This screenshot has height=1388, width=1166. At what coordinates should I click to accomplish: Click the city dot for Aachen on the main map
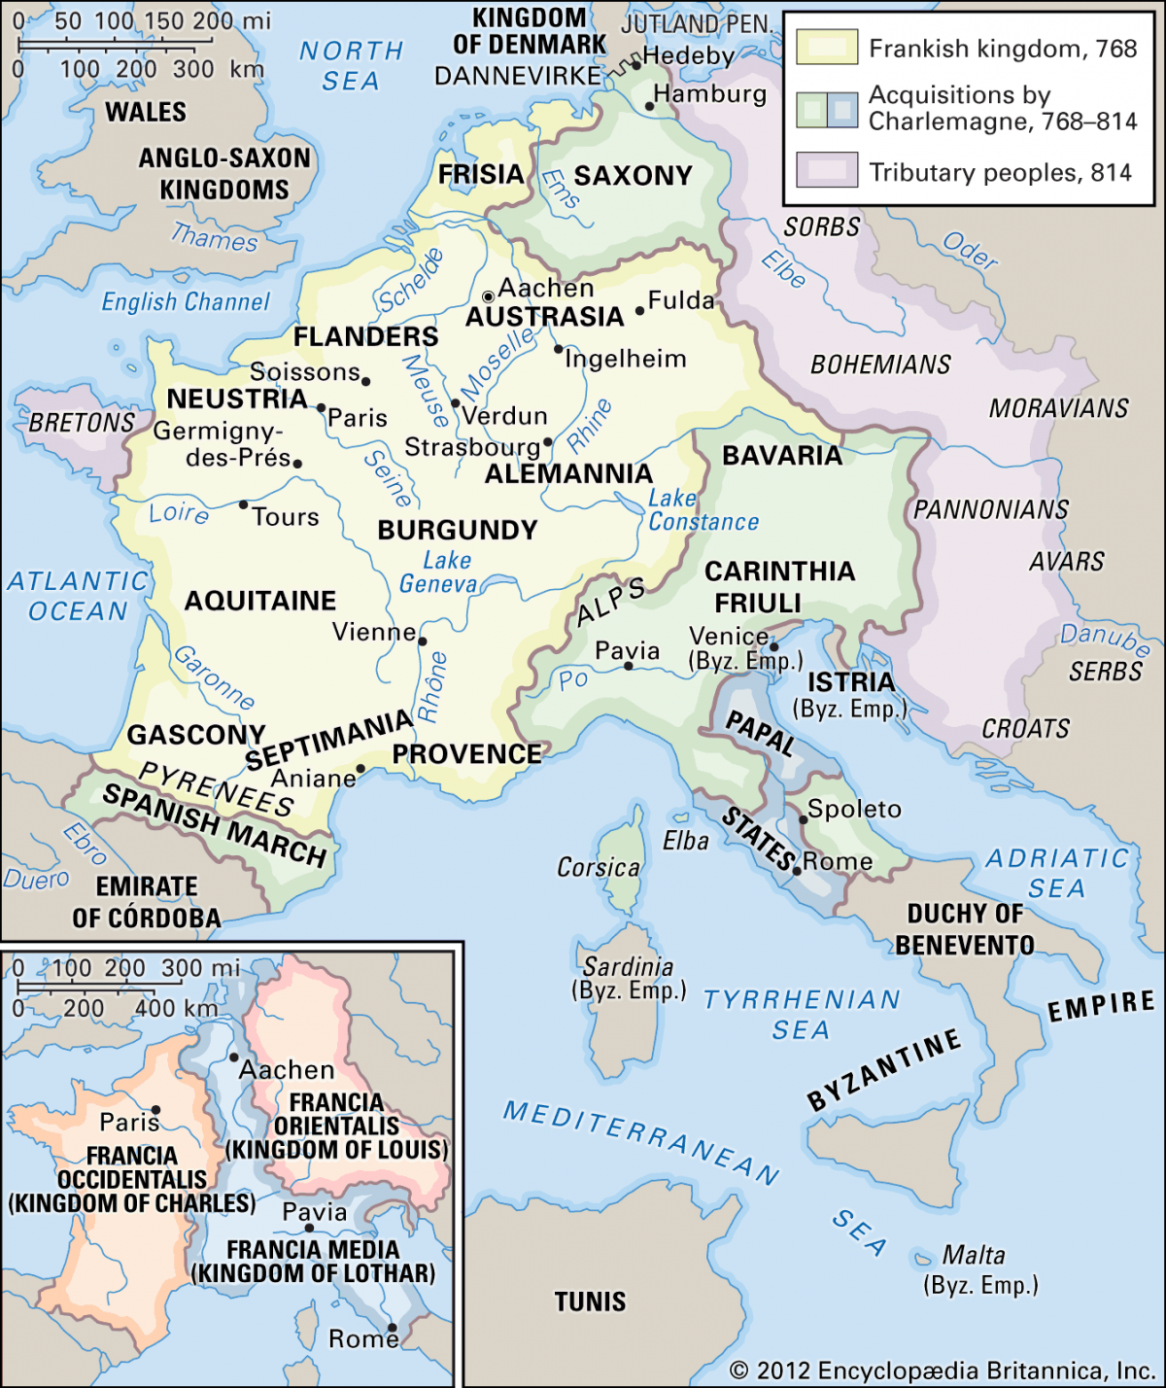pyautogui.click(x=489, y=296)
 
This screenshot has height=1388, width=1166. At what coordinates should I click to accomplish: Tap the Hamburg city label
pyautogui.click(x=709, y=94)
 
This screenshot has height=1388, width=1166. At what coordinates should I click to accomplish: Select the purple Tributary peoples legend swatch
pyautogui.click(x=827, y=170)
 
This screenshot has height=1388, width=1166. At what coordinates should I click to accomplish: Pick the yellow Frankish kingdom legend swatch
pyautogui.click(x=827, y=48)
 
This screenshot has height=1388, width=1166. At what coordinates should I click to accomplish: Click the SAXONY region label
pyautogui.click(x=633, y=176)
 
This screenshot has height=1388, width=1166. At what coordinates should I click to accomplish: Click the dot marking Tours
pyautogui.click(x=243, y=504)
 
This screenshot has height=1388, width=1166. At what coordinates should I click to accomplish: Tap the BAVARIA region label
pyautogui.click(x=782, y=455)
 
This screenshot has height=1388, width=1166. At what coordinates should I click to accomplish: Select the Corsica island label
pyautogui.click(x=598, y=867)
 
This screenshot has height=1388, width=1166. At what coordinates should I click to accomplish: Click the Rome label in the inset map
pyautogui.click(x=362, y=1339)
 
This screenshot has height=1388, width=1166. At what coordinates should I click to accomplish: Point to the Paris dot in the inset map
pyautogui.click(x=155, y=1110)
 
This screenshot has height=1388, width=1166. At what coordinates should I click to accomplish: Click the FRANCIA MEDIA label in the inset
pyautogui.click(x=313, y=1250)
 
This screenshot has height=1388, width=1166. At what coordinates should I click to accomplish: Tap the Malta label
pyautogui.click(x=974, y=1255)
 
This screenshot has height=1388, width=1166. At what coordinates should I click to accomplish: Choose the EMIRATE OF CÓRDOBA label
pyautogui.click(x=146, y=902)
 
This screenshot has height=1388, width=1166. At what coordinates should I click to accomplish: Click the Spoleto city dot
pyautogui.click(x=804, y=819)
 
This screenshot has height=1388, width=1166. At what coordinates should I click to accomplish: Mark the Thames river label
pyautogui.click(x=215, y=236)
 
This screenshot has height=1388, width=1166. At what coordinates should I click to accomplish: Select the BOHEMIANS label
pyautogui.click(x=880, y=364)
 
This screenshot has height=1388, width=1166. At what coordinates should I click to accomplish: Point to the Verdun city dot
pyautogui.click(x=455, y=403)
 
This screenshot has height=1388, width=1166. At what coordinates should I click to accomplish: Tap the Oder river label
pyautogui.click(x=970, y=252)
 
